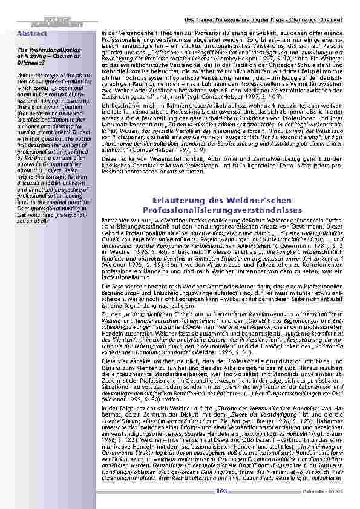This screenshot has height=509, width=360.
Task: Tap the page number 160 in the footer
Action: [x=222, y=491]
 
